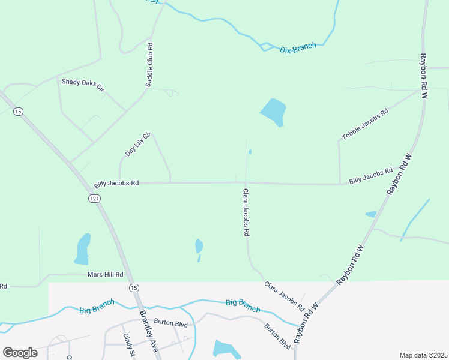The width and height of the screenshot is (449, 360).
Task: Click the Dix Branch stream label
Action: click(x=298, y=47)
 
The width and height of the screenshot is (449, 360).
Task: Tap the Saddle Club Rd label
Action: click(x=150, y=65)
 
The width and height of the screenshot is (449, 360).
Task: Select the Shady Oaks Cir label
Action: click(x=83, y=85)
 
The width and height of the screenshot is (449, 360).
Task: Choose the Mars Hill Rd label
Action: click(x=105, y=274)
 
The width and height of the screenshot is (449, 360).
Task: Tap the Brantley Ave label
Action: click(x=148, y=329)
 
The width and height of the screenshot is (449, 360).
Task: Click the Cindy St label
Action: click(x=127, y=346)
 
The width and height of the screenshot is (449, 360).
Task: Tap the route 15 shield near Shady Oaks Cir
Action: click(x=19, y=112)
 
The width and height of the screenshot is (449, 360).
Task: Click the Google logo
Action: click(x=20, y=352)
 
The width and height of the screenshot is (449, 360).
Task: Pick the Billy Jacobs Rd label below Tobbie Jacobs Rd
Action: click(x=370, y=175)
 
